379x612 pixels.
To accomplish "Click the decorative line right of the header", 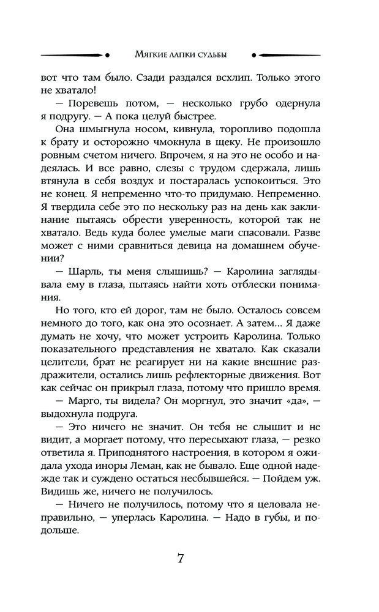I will [301, 54].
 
